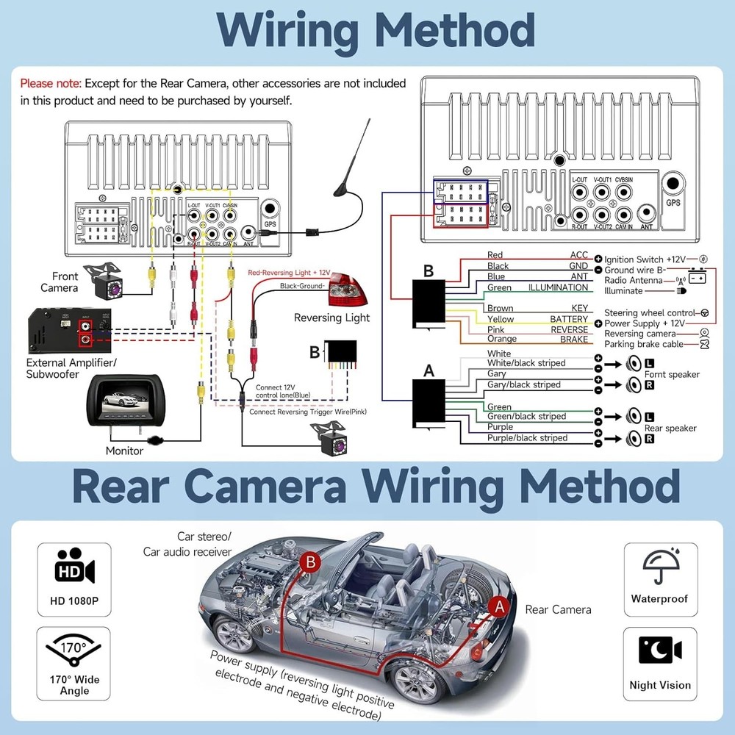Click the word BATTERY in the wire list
[x=569, y=319]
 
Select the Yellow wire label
[x=501, y=319]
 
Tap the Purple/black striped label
[x=527, y=438]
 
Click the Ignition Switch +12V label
[x=645, y=259]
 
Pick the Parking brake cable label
[x=644, y=344]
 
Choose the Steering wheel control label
[x=650, y=313]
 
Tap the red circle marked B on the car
[x=310, y=563]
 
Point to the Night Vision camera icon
[x=659, y=651]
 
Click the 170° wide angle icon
[x=74, y=651]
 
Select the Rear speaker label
[x=670, y=428]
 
